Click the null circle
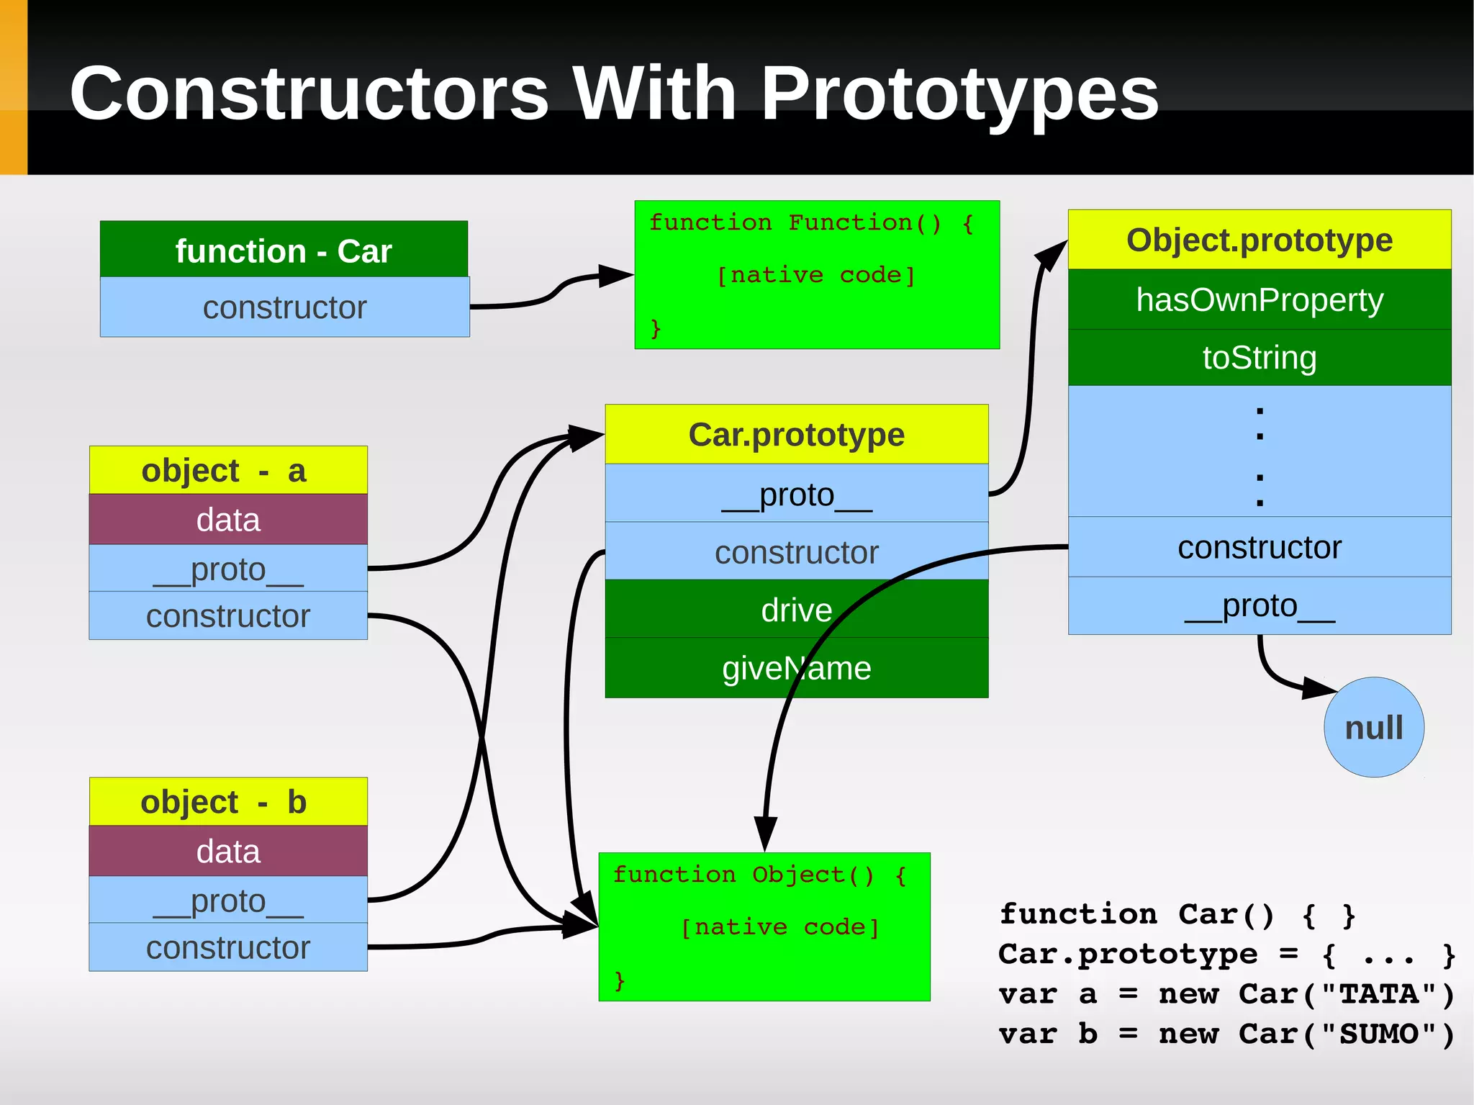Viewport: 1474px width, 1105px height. point(1373,727)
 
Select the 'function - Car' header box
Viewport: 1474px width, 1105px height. point(284,250)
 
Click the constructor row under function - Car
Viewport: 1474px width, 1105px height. point(284,307)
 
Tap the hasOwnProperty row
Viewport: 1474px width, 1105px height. point(1259,299)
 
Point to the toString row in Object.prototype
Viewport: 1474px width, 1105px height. point(1259,358)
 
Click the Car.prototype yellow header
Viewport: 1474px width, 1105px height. point(796,435)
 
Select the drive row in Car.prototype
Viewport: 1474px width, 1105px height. point(796,610)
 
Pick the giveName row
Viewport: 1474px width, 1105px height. point(796,668)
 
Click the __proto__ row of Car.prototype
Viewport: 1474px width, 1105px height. point(796,494)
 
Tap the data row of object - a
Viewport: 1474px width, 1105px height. point(228,520)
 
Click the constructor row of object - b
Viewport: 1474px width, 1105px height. point(228,947)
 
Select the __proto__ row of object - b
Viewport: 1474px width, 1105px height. point(228,901)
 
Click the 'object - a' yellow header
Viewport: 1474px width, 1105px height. point(228,471)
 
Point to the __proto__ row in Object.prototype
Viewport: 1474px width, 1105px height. point(1259,605)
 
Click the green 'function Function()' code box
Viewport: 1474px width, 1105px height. point(817,275)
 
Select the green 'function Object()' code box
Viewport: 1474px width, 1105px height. point(764,927)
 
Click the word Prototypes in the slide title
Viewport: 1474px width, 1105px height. point(959,94)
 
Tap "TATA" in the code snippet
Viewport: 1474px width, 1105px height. point(1379,994)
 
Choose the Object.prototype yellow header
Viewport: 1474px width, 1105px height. point(1259,240)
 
